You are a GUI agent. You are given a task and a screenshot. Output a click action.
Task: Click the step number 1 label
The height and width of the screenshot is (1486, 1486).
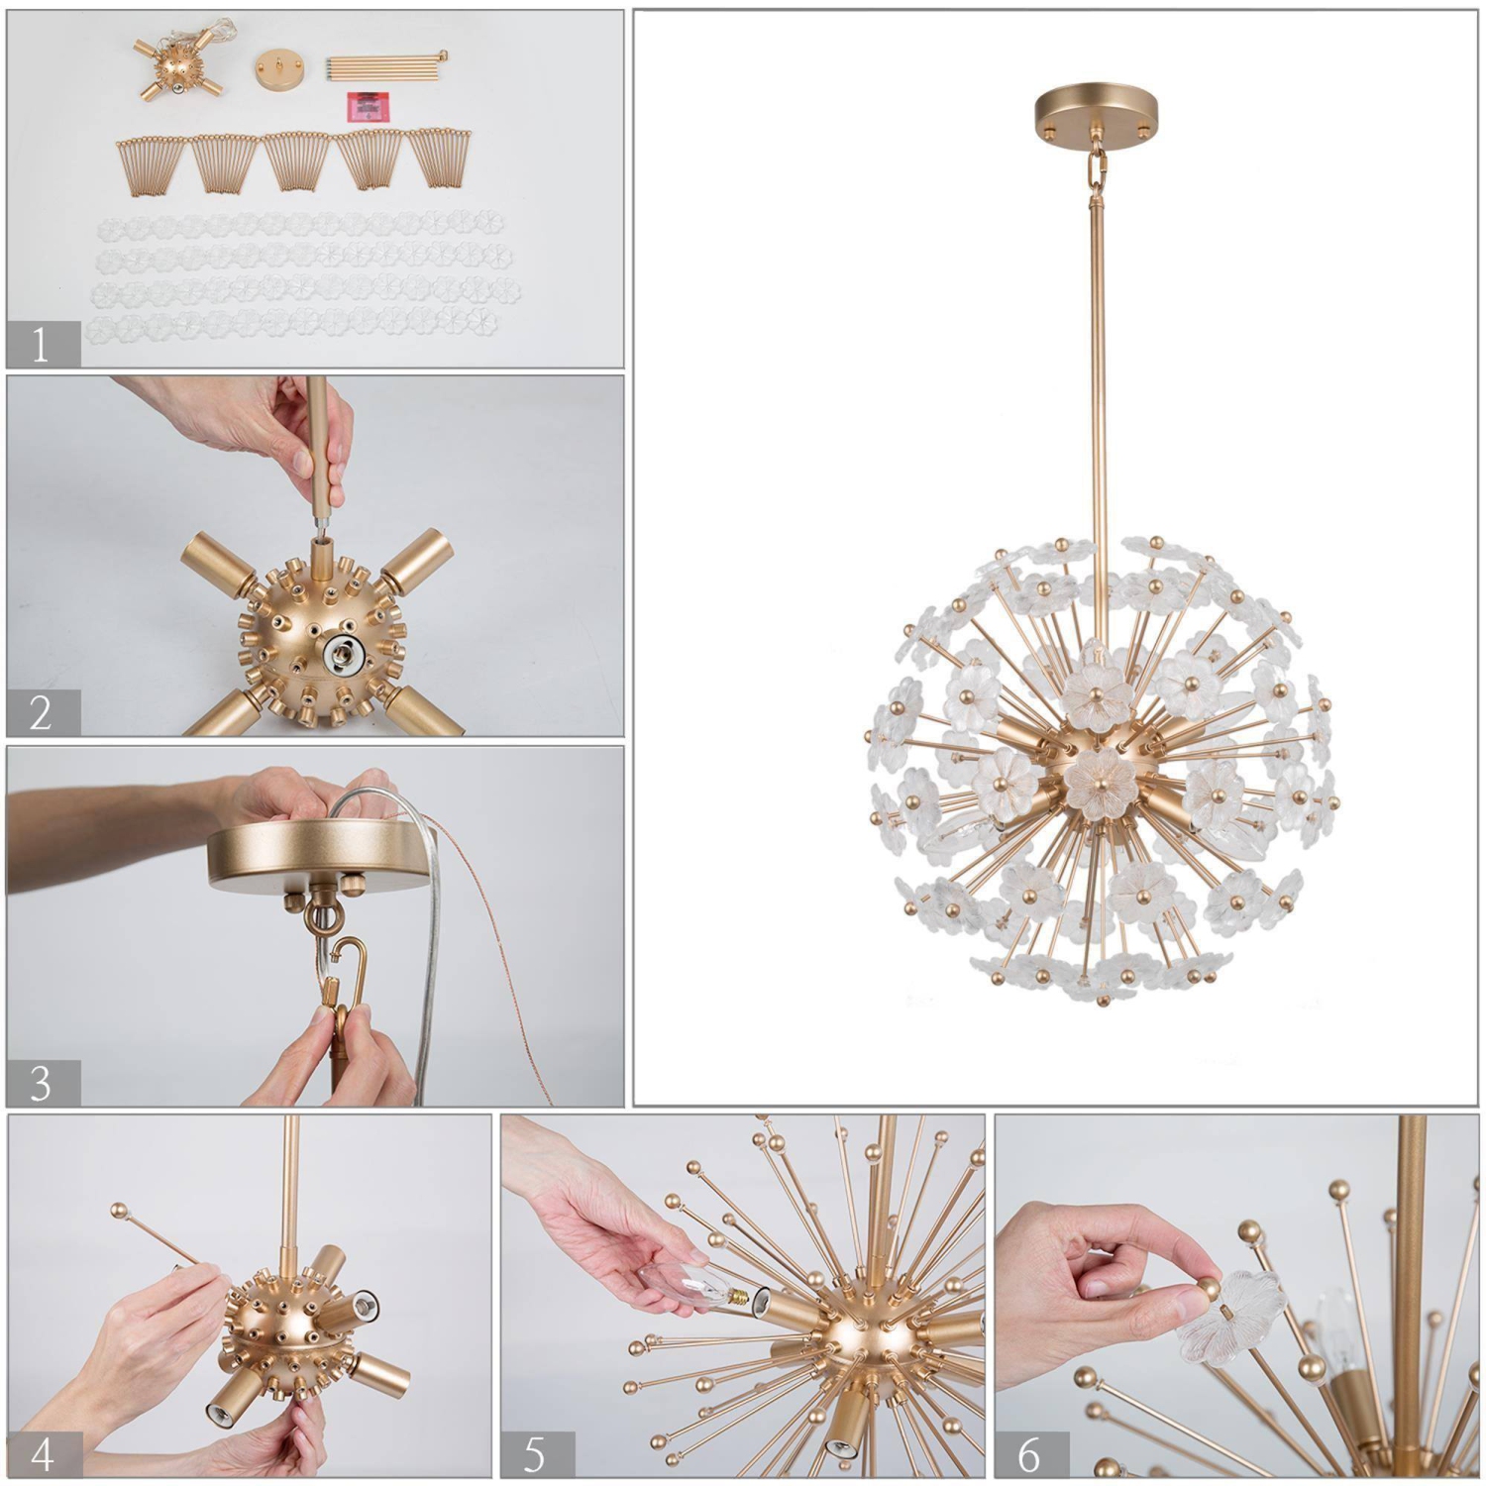tap(41, 345)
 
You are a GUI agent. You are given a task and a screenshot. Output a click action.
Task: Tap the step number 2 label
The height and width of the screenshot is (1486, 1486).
tap(41, 713)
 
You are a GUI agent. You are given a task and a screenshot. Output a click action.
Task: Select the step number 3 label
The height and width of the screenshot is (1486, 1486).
tap(41, 1084)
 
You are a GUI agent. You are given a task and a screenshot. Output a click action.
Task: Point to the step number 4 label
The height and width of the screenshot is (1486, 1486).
tap(43, 1454)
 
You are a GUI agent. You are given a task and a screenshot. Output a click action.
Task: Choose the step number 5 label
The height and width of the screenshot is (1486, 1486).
tap(535, 1454)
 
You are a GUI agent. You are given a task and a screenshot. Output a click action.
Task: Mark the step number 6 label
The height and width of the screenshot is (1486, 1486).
tap(1030, 1454)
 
